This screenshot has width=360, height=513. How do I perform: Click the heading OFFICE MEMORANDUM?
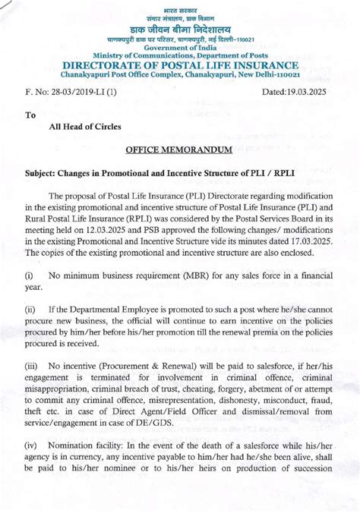point(179,151)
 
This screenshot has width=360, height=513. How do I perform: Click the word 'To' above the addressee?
point(30,116)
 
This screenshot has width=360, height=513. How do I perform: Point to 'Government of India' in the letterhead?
point(181,47)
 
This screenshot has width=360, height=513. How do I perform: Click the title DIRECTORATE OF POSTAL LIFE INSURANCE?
point(181,65)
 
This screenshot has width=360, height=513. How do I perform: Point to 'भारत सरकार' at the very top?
point(180,6)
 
